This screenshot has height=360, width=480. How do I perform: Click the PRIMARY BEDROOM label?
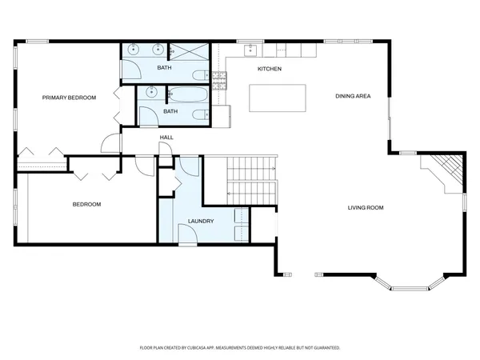click(69, 98)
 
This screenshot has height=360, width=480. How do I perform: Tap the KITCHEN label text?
click(269, 69)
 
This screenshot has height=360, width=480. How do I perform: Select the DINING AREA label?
click(352, 96)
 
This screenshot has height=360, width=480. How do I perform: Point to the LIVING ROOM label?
click(365, 207)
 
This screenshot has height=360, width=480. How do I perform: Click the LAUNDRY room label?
click(200, 221)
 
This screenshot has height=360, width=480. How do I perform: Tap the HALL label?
click(166, 138)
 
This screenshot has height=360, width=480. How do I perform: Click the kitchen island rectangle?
click(279, 98)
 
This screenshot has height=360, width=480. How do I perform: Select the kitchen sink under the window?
click(249, 50)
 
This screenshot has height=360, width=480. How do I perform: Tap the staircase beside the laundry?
click(251, 180)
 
